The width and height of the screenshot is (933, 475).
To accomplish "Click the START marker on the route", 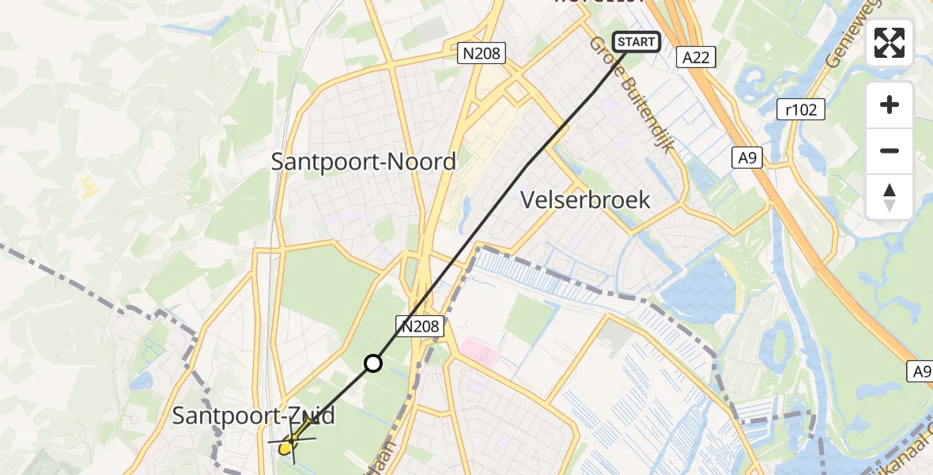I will (x=636, y=42).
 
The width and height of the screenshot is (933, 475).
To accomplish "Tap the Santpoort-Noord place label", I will (x=363, y=161).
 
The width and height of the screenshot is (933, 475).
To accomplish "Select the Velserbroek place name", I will (x=586, y=199).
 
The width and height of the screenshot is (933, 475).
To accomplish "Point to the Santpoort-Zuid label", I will (x=253, y=416).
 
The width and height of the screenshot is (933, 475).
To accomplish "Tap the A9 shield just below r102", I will (x=747, y=158).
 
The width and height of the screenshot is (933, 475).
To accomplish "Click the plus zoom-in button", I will (x=890, y=104).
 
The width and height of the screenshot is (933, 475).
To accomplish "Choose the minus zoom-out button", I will (x=890, y=150).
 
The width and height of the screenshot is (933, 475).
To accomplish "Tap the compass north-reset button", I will (x=890, y=196).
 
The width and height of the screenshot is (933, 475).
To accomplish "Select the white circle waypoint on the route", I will (x=372, y=363).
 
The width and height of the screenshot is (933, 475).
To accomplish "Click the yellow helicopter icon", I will (x=290, y=443).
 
